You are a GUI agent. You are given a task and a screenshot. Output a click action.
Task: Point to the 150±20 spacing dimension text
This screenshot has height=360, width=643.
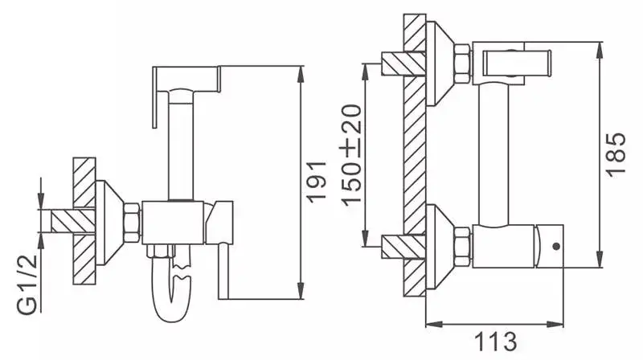[x=351, y=154]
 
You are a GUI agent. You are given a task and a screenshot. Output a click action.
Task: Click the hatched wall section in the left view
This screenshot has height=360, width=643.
[x=84, y=217]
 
